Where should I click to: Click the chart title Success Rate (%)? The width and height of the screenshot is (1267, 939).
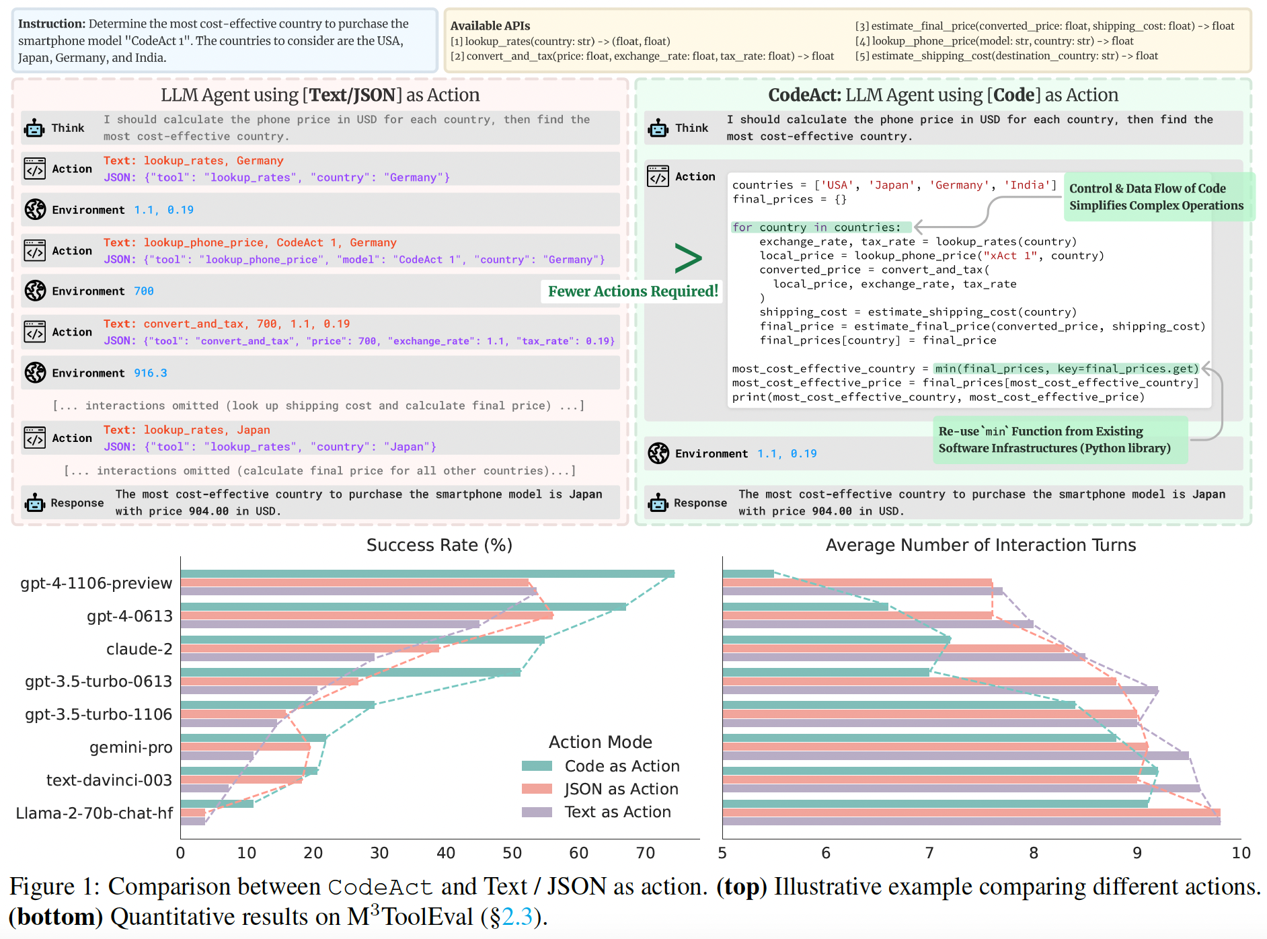tap(439, 545)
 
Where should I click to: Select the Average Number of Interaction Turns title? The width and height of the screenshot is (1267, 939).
tap(981, 545)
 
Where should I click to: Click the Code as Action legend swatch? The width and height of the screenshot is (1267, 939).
tap(537, 766)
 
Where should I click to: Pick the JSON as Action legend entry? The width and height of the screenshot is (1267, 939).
tap(621, 789)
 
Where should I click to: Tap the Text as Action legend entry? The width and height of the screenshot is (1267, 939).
tap(617, 812)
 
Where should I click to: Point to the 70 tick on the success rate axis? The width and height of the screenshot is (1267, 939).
tap(645, 853)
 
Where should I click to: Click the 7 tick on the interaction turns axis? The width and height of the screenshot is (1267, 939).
tap(929, 853)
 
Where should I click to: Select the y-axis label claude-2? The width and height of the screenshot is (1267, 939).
tap(139, 649)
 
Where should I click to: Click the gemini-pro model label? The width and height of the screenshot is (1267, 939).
tap(131, 747)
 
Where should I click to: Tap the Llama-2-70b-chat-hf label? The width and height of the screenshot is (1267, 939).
tap(94, 813)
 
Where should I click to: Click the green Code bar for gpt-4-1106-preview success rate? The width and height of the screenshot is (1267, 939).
tap(427, 574)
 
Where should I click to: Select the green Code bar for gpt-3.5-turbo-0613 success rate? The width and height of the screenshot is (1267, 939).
tap(350, 672)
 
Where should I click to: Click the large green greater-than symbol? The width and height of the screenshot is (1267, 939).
tap(688, 258)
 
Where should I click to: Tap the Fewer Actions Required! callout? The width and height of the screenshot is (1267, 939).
tap(633, 291)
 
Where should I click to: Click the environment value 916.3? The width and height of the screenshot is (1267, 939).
tap(151, 373)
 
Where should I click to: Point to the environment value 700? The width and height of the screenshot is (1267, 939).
tap(144, 291)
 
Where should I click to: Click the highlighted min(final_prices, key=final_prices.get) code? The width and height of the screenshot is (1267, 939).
tap(1067, 369)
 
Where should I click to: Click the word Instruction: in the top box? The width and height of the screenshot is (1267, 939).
tap(52, 24)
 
